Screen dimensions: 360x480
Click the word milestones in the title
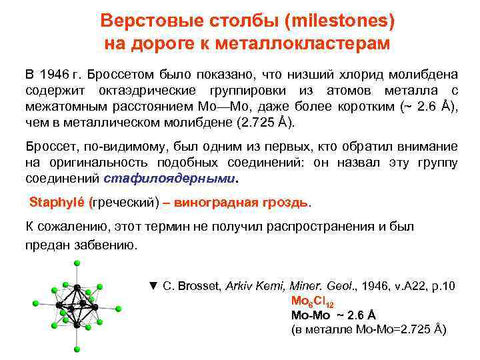click(x=337, y=21)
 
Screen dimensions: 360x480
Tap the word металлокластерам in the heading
click(x=312, y=43)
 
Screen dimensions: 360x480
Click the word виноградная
click(x=221, y=202)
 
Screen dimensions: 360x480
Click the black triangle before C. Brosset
click(x=153, y=285)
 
